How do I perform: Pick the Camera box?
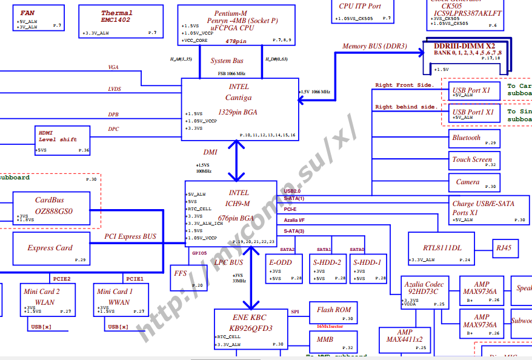pyautogui.click(x=474, y=182)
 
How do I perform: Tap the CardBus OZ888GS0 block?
pyautogui.click(x=51, y=207)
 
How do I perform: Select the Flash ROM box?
pyautogui.click(x=333, y=313)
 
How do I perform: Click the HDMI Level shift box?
pyautogui.click(x=63, y=141)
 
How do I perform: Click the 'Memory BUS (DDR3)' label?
pyautogui.click(x=374, y=46)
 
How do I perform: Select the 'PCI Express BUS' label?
pyautogui.click(x=130, y=236)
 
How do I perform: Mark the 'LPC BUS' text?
pyautogui.click(x=228, y=262)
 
